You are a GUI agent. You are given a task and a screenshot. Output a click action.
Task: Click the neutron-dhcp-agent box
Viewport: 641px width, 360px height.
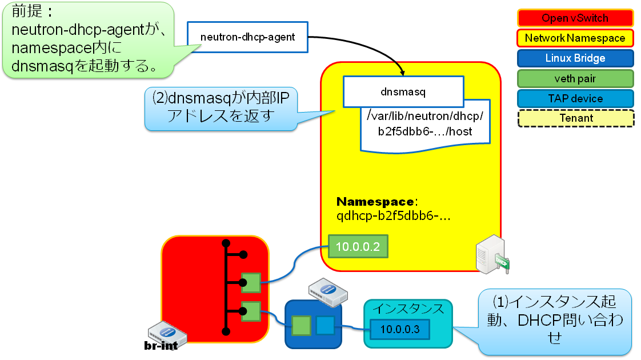(247, 38)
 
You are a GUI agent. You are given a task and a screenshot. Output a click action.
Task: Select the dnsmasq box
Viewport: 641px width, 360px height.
(403, 91)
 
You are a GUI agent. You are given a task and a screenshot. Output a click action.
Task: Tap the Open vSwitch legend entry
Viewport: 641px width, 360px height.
(575, 18)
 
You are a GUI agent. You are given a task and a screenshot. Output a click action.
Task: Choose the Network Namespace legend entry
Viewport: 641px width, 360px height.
(575, 38)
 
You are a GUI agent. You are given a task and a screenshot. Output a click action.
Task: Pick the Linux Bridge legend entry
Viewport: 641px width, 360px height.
(575, 58)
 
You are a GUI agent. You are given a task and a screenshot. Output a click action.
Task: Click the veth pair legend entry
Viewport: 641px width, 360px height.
(575, 78)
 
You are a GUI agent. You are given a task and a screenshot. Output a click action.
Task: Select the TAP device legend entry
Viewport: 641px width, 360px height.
(575, 98)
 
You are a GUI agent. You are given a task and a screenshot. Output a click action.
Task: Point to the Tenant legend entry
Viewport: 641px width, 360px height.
(575, 118)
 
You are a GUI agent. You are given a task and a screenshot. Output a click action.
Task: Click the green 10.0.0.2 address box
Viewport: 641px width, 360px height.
(358, 247)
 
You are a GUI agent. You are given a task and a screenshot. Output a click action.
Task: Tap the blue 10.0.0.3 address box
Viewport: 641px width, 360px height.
(400, 329)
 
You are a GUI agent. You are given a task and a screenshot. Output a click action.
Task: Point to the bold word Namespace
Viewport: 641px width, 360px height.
(375, 202)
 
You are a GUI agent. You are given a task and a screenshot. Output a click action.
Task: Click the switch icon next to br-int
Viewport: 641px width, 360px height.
(165, 330)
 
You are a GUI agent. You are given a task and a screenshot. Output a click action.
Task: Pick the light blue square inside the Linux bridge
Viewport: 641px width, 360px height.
(325, 325)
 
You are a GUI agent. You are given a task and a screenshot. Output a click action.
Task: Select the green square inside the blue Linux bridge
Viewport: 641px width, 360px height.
(302, 325)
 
